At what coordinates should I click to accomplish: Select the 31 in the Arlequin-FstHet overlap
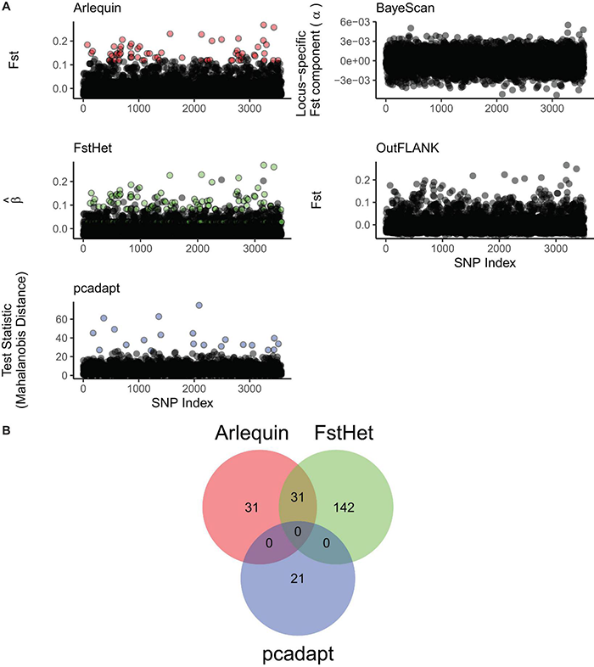point(297,497)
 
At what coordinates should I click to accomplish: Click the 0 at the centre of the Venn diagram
point(297,531)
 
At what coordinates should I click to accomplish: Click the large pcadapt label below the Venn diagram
point(297,651)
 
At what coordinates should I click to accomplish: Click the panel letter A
point(7,7)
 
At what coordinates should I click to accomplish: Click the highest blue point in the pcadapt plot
point(199,305)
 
